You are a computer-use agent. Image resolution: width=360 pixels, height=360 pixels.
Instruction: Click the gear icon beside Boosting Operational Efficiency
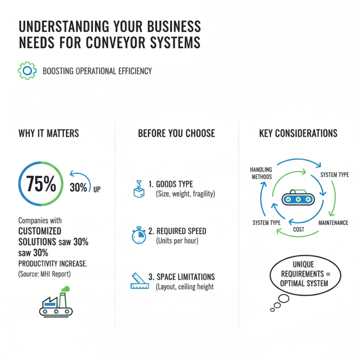point(27,71)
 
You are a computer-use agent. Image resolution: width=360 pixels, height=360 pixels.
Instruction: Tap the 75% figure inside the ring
point(41,184)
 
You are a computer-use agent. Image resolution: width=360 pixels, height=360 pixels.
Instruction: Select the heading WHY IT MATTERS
point(49,133)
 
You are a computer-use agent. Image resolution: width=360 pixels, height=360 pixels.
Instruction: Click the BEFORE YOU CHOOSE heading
point(176,133)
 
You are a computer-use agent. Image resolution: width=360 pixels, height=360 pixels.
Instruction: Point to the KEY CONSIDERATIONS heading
point(298,133)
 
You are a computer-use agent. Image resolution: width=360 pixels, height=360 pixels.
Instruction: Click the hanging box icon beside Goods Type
point(139,189)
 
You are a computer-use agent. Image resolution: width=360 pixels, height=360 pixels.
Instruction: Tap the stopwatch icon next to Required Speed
point(139,235)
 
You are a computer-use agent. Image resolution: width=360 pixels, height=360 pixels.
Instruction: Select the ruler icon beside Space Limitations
point(139,280)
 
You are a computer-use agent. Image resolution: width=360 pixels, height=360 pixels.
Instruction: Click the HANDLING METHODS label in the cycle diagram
point(261,173)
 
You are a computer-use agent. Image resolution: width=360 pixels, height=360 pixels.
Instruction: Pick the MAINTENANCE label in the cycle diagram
point(333,223)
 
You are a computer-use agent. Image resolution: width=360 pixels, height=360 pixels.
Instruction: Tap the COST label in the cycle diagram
point(298,229)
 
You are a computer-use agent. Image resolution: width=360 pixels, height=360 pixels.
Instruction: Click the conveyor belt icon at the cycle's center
point(298,198)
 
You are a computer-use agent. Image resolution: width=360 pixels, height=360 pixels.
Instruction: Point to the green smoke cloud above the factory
point(66,289)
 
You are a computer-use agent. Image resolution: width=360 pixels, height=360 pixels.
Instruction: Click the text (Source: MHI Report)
point(45,274)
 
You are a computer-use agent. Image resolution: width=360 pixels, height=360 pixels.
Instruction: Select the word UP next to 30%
point(97,189)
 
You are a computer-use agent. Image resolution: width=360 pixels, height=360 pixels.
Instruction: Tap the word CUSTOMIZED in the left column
point(40,231)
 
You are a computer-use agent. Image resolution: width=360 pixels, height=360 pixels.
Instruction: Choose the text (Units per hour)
point(177,241)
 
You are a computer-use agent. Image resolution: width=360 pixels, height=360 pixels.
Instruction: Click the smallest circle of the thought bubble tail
point(272,310)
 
